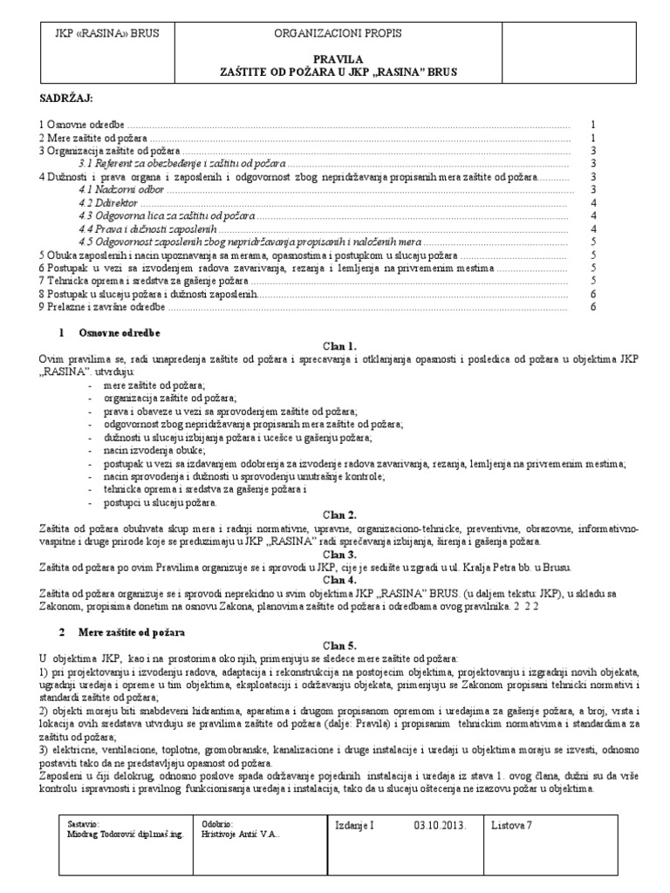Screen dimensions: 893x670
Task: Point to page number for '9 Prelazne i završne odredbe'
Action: point(593,307)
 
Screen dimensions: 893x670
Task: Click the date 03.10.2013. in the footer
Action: point(440,824)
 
